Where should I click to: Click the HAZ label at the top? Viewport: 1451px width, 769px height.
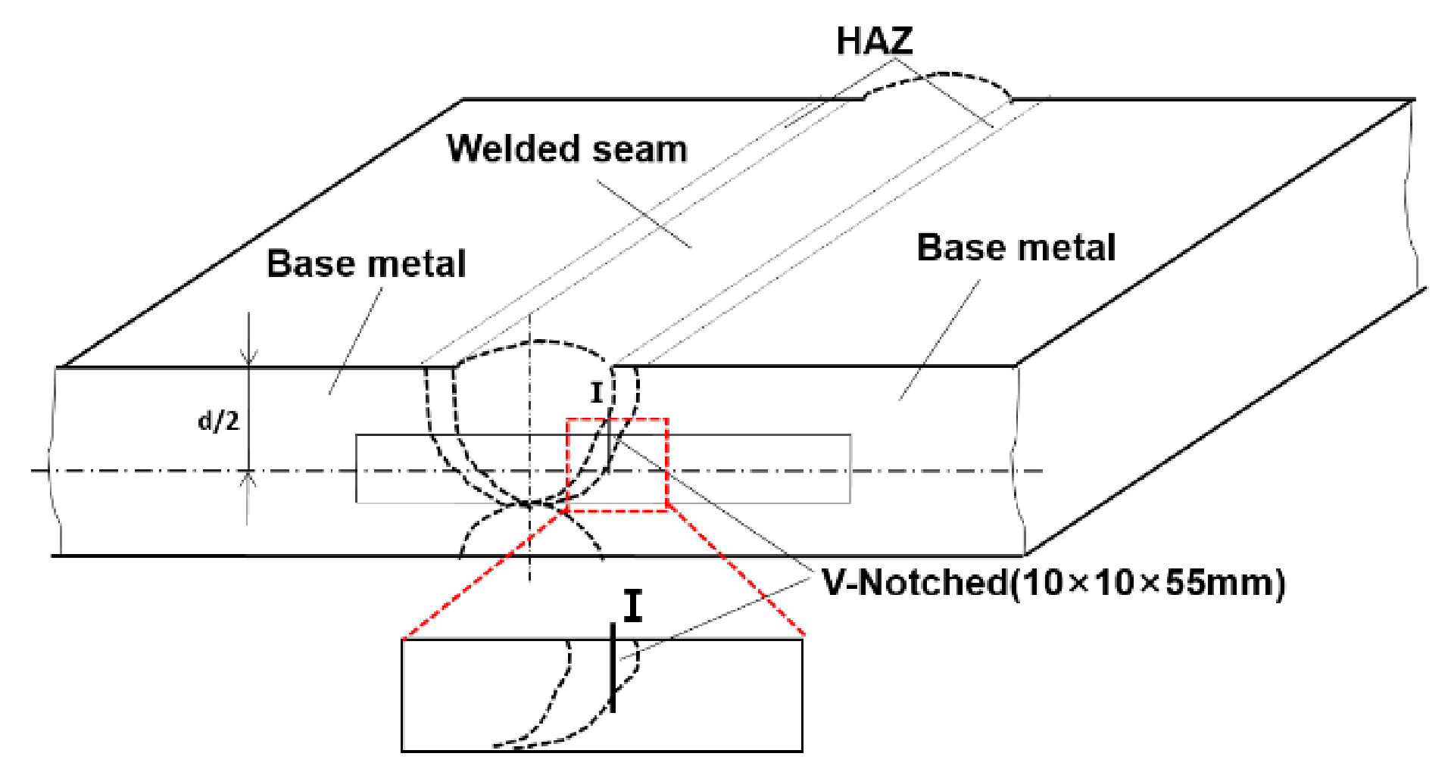[x=874, y=41]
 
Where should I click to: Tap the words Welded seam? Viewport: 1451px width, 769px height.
[x=567, y=148]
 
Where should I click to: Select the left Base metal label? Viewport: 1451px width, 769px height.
[x=367, y=264]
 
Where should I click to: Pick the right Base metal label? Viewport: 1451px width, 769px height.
[x=1016, y=248]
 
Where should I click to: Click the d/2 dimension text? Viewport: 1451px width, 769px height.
[x=218, y=420]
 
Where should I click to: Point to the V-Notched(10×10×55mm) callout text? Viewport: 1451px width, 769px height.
[x=1053, y=583]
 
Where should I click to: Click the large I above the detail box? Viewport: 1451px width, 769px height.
[x=633, y=606]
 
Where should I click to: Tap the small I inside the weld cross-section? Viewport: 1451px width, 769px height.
[x=597, y=393]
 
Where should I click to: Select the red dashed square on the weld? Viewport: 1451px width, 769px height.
[x=617, y=464]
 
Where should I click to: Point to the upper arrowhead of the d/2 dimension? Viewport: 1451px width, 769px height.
[x=248, y=356]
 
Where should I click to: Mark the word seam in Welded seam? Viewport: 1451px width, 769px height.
[x=640, y=149]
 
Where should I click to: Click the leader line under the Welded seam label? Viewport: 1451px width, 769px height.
[x=644, y=214]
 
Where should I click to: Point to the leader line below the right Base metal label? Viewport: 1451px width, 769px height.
[x=939, y=341]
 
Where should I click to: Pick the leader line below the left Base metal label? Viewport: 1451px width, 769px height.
[x=355, y=341]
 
